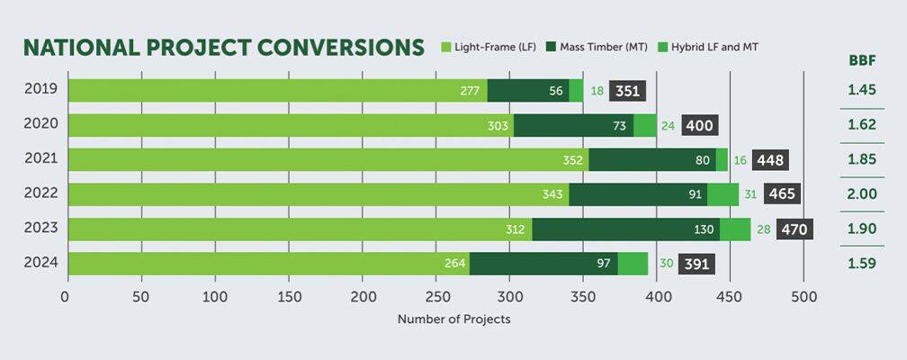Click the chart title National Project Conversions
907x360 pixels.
pyautogui.click(x=223, y=48)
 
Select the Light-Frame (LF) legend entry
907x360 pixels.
pyautogui.click(x=489, y=46)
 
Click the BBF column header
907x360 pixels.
pyautogui.click(x=861, y=60)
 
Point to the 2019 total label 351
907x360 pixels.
pyautogui.click(x=627, y=91)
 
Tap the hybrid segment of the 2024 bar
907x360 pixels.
pyautogui.click(x=633, y=264)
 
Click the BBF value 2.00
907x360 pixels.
pyautogui.click(x=861, y=194)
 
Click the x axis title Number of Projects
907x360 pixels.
pyautogui.click(x=453, y=319)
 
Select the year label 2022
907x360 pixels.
pyautogui.click(x=40, y=193)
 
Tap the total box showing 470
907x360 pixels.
pyautogui.click(x=795, y=229)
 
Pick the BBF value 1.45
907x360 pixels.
pyautogui.click(x=861, y=91)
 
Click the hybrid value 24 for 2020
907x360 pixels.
pyautogui.click(x=668, y=126)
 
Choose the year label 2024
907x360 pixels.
pyautogui.click(x=40, y=263)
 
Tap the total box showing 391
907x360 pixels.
pyautogui.click(x=696, y=264)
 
